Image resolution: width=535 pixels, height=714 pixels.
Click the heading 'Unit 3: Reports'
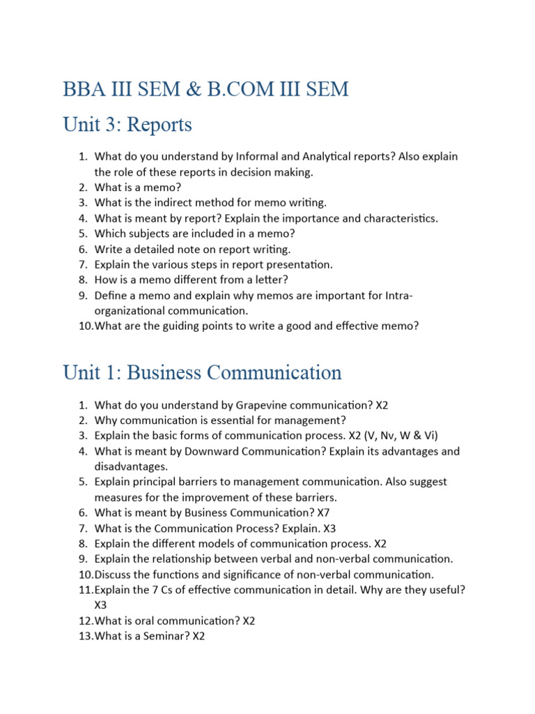(x=127, y=125)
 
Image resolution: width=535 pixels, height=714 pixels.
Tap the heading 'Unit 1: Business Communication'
(x=202, y=372)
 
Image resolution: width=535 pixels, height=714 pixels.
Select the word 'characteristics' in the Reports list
(x=397, y=218)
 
